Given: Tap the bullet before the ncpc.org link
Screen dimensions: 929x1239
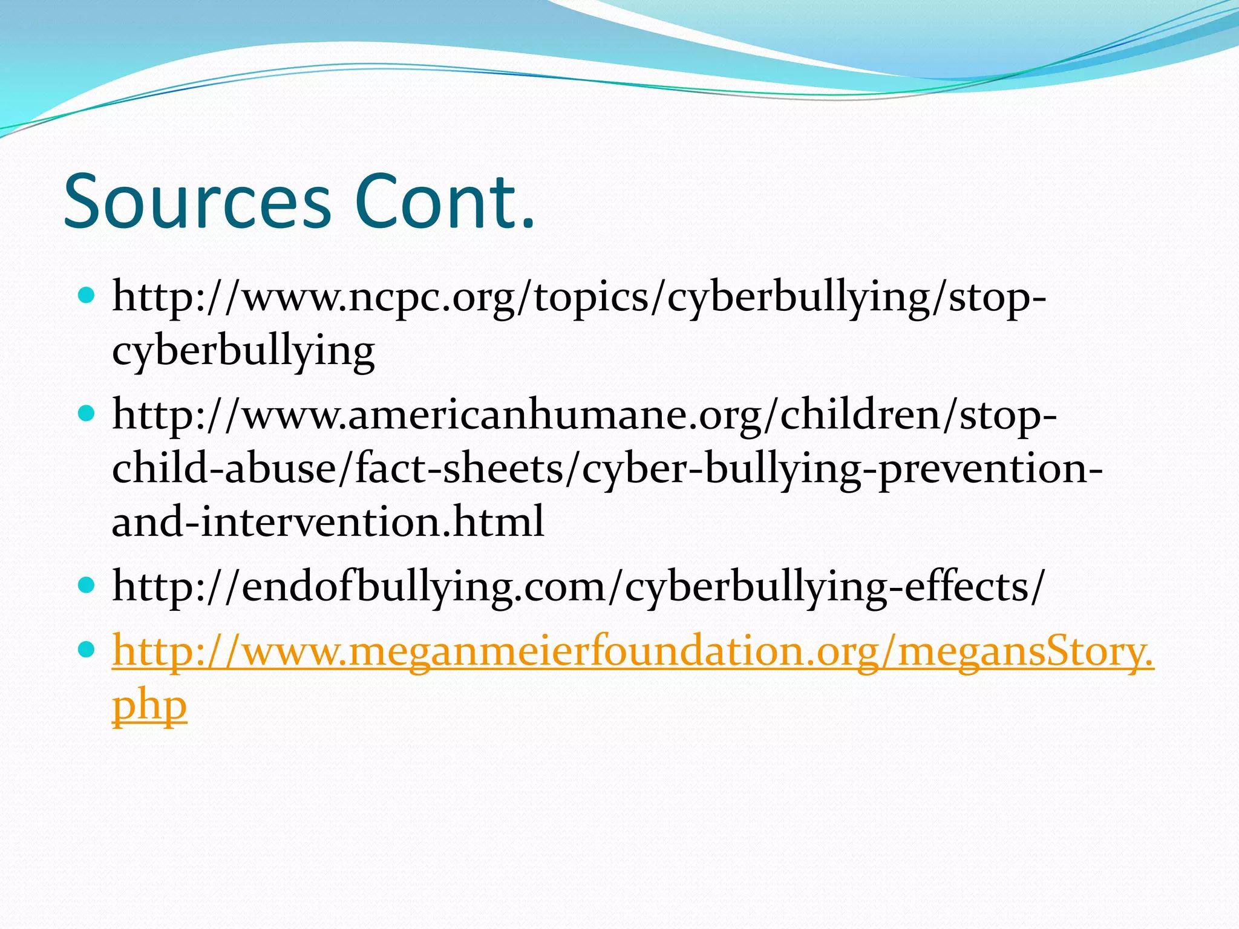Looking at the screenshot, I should click(87, 296).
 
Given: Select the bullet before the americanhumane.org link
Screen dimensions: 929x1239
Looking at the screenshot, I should click(87, 414).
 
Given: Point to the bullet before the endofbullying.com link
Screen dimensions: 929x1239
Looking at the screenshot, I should click(87, 585).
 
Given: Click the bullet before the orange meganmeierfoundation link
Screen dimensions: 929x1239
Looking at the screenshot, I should click(87, 650).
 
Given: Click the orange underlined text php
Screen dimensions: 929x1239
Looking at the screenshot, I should click(149, 705).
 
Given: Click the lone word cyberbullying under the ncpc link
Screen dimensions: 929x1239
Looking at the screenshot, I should click(243, 351).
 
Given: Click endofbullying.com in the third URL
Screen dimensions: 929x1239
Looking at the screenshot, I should click(423, 587).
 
